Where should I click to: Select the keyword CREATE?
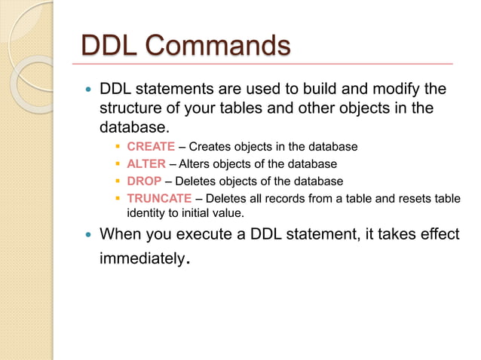click(151, 146)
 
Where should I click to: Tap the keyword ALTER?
click(146, 163)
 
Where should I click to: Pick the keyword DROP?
click(144, 181)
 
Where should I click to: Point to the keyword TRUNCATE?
click(159, 198)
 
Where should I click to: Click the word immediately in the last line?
click(142, 259)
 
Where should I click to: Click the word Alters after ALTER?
click(196, 163)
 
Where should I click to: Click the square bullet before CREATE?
click(118, 146)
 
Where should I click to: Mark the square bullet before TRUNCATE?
click(118, 198)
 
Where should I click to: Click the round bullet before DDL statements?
click(87, 90)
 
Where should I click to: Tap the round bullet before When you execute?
click(87, 234)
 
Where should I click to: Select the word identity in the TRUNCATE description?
click(148, 212)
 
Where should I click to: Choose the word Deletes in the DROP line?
click(195, 181)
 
